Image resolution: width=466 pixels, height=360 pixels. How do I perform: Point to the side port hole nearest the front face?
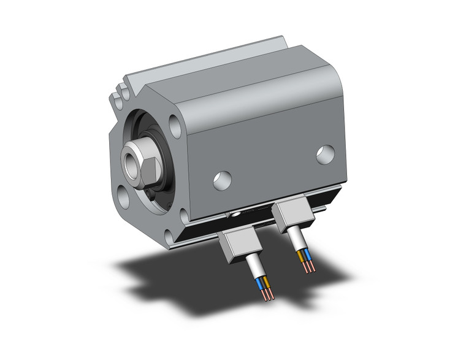pyautogui.click(x=223, y=179)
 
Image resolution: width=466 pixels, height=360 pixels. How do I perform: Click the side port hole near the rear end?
pyautogui.click(x=325, y=154)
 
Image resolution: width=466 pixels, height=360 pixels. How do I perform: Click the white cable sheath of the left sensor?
pyautogui.click(x=254, y=270)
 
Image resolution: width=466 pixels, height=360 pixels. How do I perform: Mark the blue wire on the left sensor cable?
pyautogui.click(x=265, y=283)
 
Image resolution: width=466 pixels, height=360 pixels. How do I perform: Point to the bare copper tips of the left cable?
pyautogui.click(x=267, y=296)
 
